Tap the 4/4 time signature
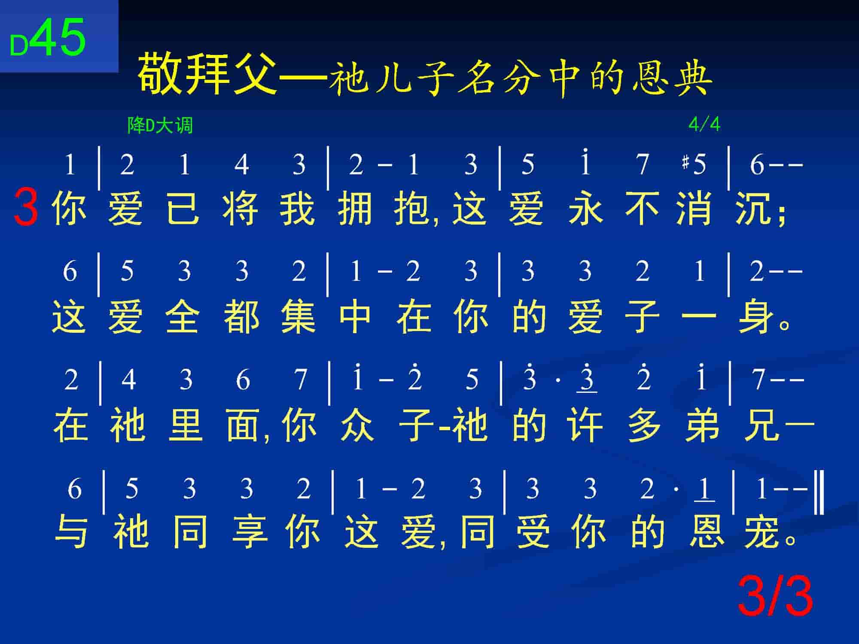pos(704,125)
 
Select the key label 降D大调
pos(160,125)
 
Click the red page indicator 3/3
pos(775,597)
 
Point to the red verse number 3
pos(26,207)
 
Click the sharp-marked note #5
pos(694,164)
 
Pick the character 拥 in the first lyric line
pos(355,209)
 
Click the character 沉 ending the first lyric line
pos(753,209)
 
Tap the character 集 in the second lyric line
pos(298,317)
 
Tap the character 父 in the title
pos(254,73)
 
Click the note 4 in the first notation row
pos(242,164)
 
